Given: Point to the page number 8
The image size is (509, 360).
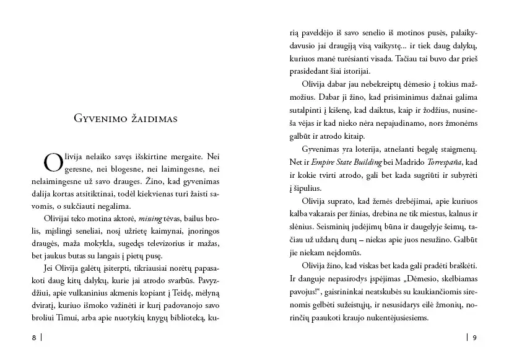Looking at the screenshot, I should click(33, 338).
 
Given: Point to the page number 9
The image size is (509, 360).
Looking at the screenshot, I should click(474, 338).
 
